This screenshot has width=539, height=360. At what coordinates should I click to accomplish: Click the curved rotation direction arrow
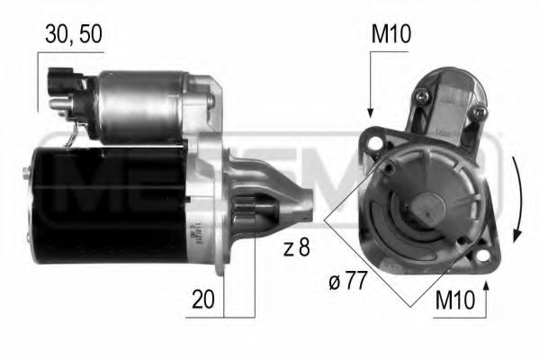coord(517,198)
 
